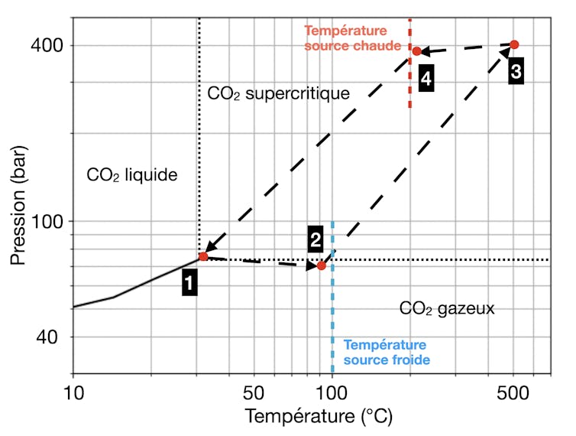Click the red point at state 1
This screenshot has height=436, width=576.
(203, 257)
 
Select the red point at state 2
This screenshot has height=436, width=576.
(322, 265)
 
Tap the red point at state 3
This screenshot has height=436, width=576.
(514, 44)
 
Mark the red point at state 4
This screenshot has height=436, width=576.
(417, 51)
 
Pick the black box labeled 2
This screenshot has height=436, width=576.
(316, 239)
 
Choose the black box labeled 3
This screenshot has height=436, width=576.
(516, 71)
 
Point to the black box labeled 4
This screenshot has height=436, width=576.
(426, 78)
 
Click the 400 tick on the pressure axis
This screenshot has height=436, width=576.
(47, 45)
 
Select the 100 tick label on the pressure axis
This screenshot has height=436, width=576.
(47, 221)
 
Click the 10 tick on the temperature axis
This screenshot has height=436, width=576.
(73, 393)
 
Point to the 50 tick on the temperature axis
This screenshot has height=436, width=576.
(254, 393)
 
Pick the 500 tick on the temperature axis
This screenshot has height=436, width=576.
(513, 393)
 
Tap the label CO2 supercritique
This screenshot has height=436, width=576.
(278, 94)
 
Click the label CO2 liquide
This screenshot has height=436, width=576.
(131, 175)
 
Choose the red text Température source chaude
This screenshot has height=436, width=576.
(352, 38)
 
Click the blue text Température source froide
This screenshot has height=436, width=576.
(385, 353)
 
